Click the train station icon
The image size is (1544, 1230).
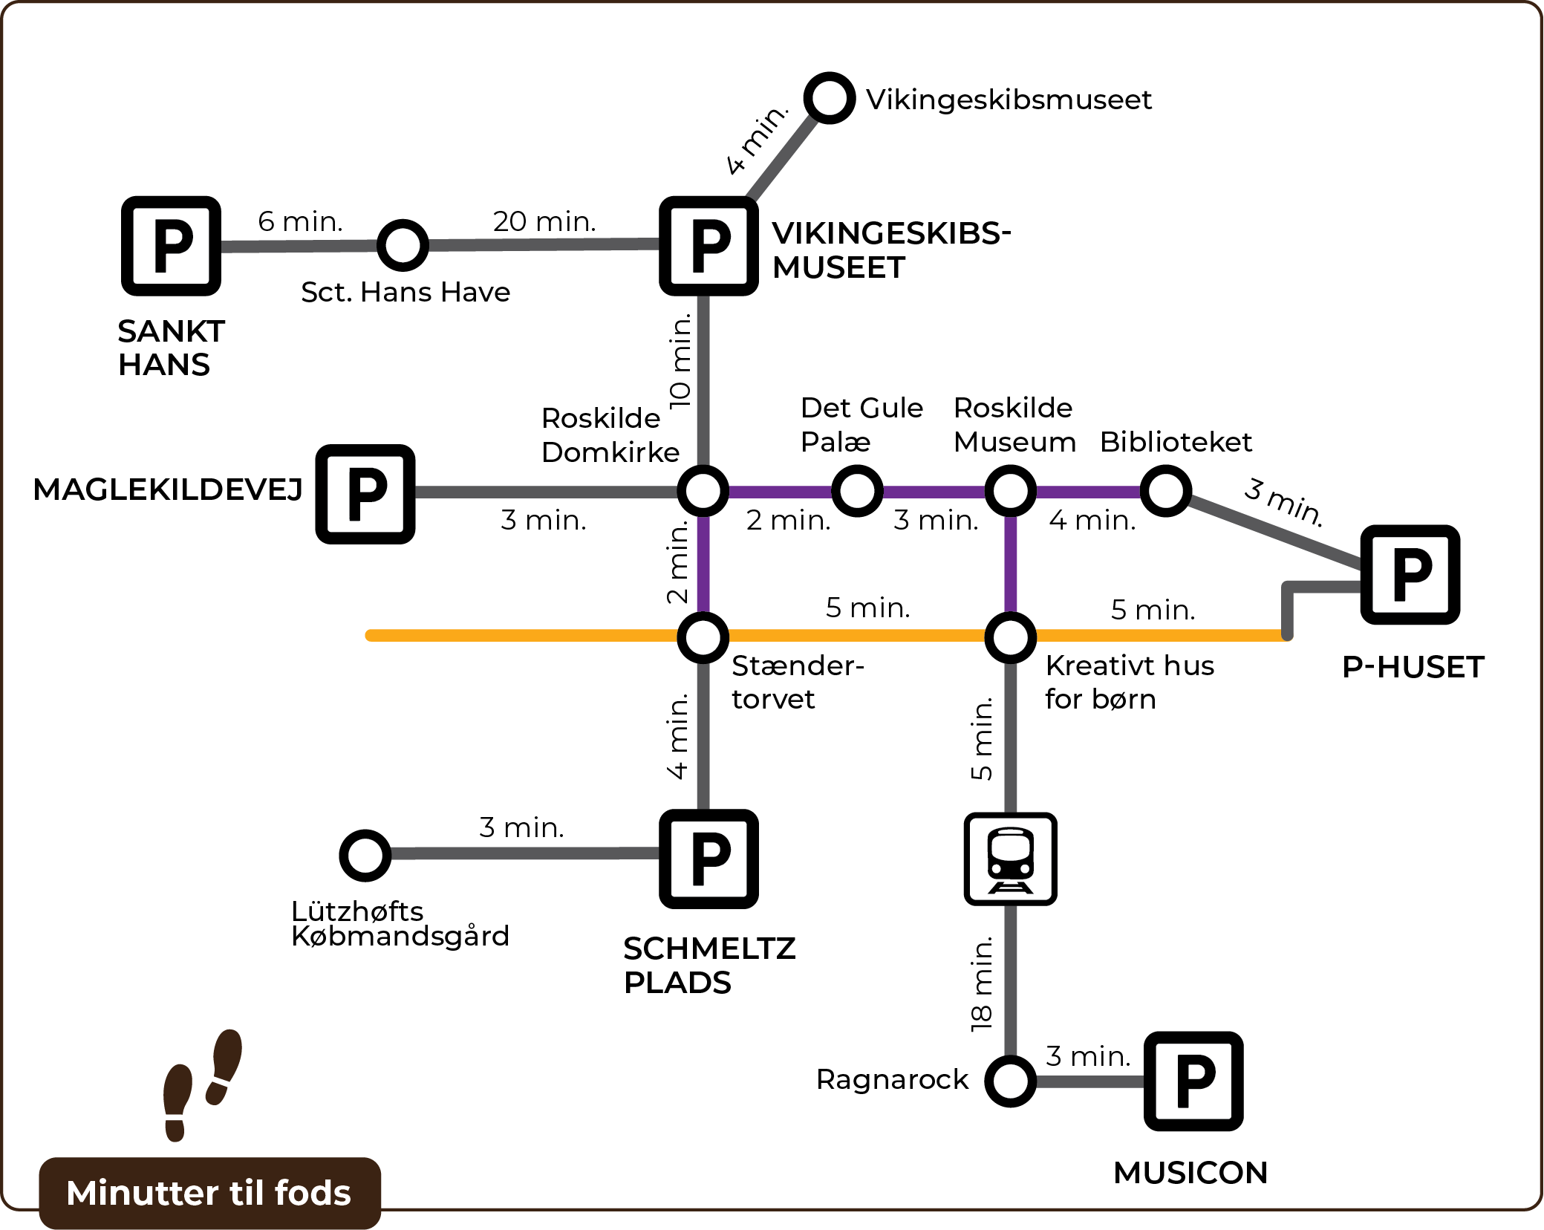tap(1010, 859)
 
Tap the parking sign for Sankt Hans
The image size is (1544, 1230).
tap(172, 246)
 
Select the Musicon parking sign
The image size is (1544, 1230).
tap(1193, 1081)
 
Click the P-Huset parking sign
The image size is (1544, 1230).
tap(1410, 574)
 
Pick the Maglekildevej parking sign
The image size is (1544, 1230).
tap(365, 494)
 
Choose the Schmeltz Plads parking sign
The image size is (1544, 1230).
tap(709, 859)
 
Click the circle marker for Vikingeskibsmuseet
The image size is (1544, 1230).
tap(830, 98)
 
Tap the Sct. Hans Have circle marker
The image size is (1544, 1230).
tap(403, 245)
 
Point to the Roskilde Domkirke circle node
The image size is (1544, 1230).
tap(703, 491)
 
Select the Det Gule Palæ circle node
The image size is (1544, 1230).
tap(857, 491)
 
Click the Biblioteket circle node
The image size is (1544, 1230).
tap(1166, 491)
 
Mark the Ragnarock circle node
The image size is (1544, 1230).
tap(1010, 1081)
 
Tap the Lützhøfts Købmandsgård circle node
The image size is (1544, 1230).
tap(365, 855)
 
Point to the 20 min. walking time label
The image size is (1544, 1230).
tap(544, 221)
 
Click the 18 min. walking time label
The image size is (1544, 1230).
tap(982, 984)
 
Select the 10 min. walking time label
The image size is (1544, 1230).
tap(680, 361)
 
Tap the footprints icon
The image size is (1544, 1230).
tap(202, 1084)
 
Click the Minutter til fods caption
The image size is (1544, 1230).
tap(209, 1193)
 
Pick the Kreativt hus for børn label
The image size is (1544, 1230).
tap(1129, 682)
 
